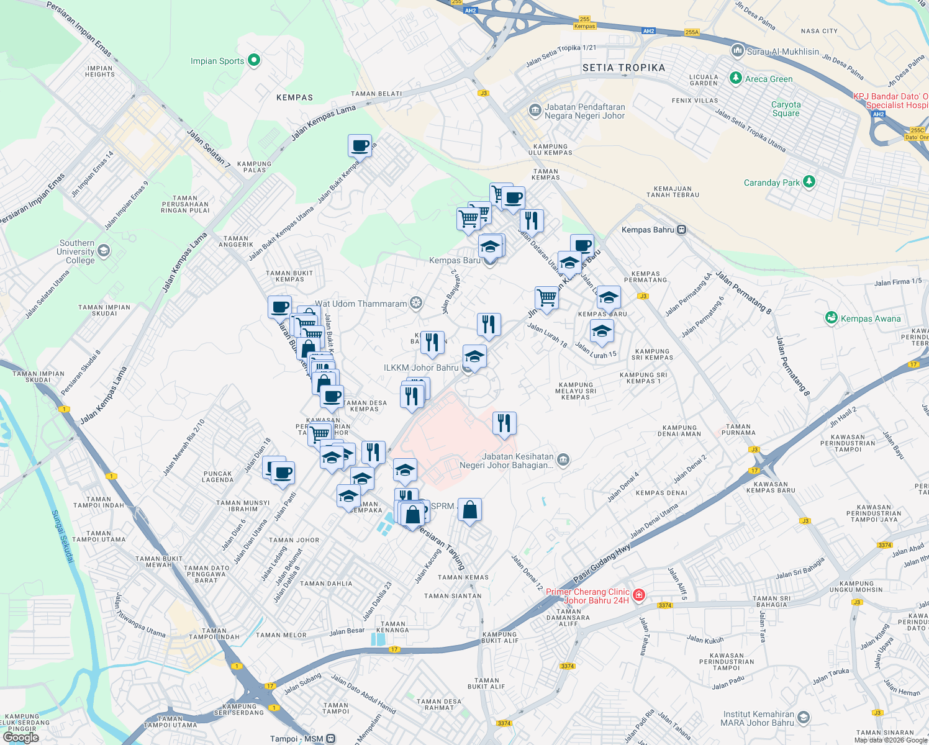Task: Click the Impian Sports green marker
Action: [253, 60]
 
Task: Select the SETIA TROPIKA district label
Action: [623, 68]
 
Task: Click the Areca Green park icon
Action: [736, 78]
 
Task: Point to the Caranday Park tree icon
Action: [809, 182]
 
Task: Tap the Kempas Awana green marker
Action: [832, 318]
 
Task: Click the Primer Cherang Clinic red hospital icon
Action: [639, 595]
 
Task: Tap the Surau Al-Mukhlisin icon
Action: [737, 50]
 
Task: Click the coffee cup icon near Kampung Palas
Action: [360, 147]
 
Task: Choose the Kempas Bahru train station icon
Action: [681, 230]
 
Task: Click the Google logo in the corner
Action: [20, 737]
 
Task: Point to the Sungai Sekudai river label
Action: [61, 536]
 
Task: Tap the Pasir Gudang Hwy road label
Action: [602, 563]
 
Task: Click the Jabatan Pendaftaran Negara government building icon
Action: [535, 111]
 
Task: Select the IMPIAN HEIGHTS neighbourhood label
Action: [100, 71]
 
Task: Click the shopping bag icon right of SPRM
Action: [469, 510]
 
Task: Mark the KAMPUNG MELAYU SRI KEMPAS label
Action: [576, 391]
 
